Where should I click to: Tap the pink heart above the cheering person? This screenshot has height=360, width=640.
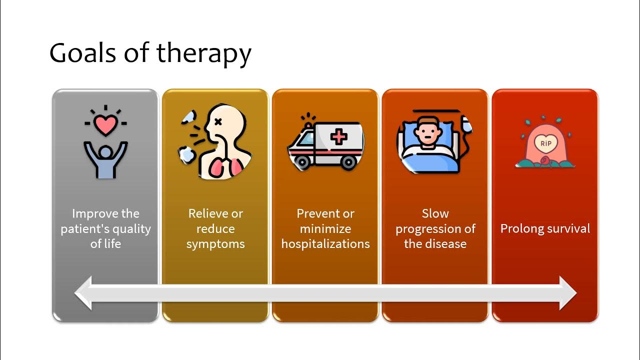105,125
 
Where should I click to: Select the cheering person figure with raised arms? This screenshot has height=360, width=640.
105,159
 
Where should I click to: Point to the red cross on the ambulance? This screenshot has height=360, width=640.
338,136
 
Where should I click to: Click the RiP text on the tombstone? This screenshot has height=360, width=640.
545,143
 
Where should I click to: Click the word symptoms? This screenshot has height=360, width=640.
215,244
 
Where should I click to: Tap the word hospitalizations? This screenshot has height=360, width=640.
325,244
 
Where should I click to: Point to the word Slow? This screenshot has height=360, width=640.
435,213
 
